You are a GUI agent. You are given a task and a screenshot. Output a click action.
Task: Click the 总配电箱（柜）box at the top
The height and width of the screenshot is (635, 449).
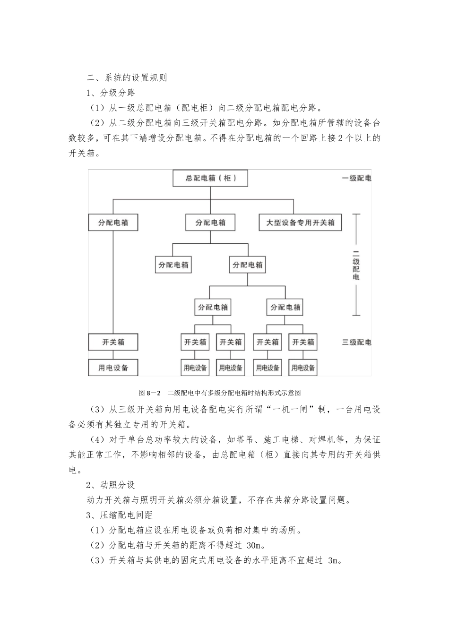pyautogui.click(x=210, y=179)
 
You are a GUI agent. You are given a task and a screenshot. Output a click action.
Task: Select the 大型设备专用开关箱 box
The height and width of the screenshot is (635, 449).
pyautogui.click(x=300, y=223)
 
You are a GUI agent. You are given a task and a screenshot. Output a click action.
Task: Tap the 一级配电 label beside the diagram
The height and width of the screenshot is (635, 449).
pyautogui.click(x=356, y=179)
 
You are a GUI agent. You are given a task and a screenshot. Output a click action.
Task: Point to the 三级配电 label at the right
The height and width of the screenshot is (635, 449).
pyautogui.click(x=356, y=342)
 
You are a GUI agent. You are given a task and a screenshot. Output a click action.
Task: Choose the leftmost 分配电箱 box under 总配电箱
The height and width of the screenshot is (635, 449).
pyautogui.click(x=113, y=223)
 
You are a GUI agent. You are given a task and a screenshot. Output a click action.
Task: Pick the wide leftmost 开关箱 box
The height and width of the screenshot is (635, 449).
pyautogui.click(x=113, y=342)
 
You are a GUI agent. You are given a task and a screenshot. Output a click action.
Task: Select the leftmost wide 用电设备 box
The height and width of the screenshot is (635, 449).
pyautogui.click(x=113, y=368)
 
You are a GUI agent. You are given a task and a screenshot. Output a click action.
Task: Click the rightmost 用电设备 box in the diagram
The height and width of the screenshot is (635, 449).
pyautogui.click(x=303, y=368)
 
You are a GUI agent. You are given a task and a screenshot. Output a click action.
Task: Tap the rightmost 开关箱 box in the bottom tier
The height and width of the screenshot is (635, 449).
pyautogui.click(x=303, y=342)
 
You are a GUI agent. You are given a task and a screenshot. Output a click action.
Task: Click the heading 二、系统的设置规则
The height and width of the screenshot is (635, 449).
pyautogui.click(x=127, y=77)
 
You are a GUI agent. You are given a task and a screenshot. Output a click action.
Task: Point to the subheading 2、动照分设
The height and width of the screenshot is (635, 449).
pyautogui.click(x=111, y=485)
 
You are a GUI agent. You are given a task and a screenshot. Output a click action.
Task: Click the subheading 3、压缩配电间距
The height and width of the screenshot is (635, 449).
pyautogui.click(x=120, y=515)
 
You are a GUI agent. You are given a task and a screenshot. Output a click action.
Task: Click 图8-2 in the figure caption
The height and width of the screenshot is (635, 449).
pyautogui.click(x=150, y=393)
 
